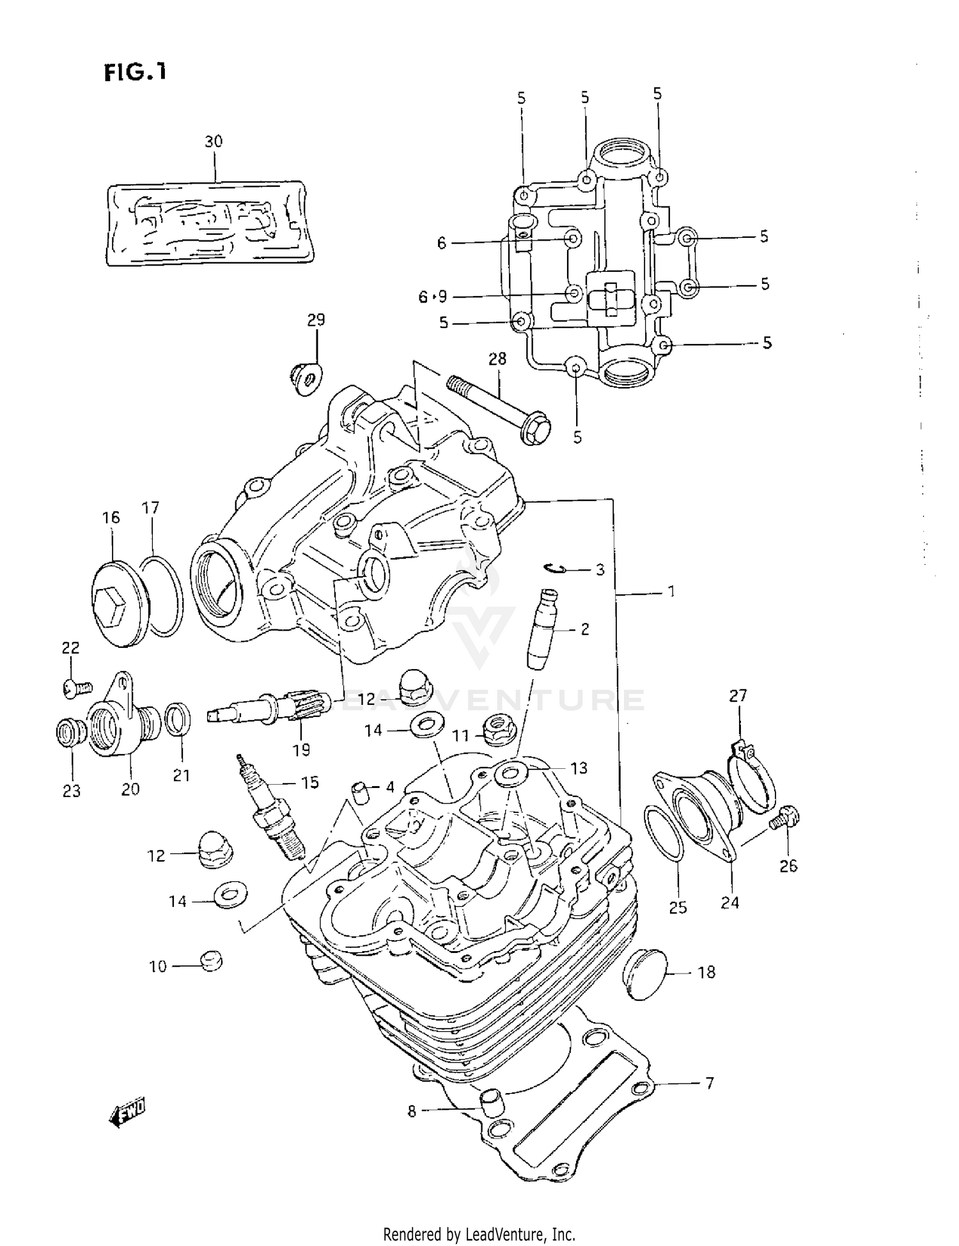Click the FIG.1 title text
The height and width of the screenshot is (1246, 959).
(x=135, y=72)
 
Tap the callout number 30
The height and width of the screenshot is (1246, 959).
(x=214, y=141)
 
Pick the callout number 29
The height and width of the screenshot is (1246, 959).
(x=316, y=320)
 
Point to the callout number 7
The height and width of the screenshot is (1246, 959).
(x=709, y=1084)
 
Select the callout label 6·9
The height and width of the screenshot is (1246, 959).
(x=433, y=297)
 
